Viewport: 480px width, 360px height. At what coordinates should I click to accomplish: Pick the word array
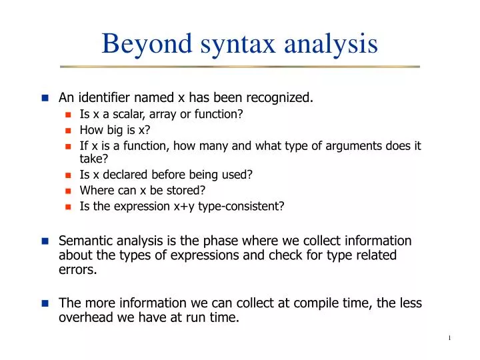pos(163,115)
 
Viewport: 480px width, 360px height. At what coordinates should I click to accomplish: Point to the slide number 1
pos(449,338)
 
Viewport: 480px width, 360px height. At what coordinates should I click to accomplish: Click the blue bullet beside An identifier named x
pos(45,99)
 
